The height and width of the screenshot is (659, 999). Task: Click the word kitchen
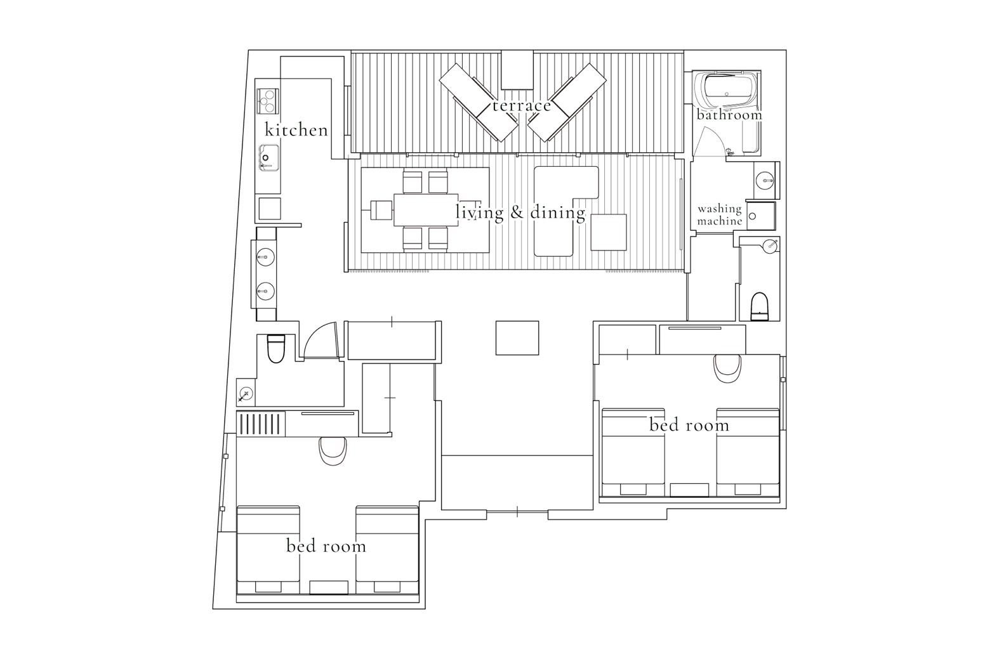tap(296, 129)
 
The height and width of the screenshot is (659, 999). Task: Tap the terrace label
tap(521, 105)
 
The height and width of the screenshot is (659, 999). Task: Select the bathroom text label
tap(729, 115)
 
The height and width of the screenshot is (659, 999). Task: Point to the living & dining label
tap(520, 212)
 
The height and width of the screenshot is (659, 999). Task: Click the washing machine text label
tap(720, 215)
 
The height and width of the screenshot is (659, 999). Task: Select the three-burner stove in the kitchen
tap(268, 101)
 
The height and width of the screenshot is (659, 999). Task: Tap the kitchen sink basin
tap(269, 158)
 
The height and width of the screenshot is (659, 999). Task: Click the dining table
tap(426, 209)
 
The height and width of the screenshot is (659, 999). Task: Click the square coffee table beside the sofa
tap(609, 232)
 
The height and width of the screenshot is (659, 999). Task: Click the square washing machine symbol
tap(761, 216)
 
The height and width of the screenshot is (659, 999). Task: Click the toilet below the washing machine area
tap(760, 306)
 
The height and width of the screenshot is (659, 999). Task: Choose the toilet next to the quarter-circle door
tap(276, 348)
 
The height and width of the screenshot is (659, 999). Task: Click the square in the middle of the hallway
tap(517, 337)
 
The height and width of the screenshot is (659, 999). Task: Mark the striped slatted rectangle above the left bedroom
tap(260, 423)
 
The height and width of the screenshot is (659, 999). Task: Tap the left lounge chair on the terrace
tap(478, 102)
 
